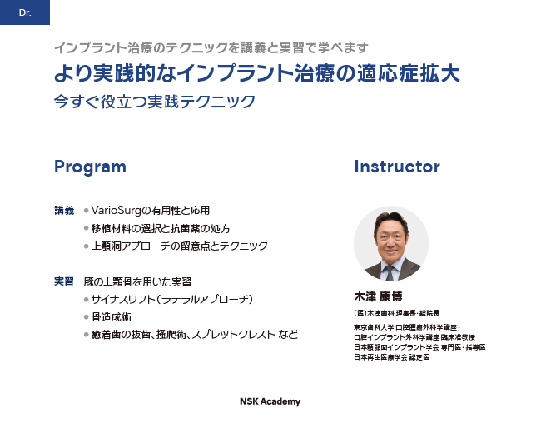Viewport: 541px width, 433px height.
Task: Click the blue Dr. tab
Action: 25,12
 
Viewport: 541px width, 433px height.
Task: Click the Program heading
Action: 91,167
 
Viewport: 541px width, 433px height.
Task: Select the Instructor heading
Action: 397,167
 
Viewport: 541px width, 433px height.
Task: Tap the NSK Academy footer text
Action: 270,401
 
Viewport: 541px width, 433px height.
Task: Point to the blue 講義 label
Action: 64,211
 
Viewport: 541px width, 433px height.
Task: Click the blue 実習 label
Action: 64,281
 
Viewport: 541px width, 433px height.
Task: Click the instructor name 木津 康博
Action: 378,296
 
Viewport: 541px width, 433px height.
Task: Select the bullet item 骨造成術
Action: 112,317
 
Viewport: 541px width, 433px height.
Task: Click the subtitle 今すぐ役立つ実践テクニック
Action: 155,102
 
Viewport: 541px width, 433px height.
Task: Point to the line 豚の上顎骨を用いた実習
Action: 137,281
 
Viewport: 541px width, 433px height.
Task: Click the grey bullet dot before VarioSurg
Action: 87,211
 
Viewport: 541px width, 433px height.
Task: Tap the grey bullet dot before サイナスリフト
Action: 87,300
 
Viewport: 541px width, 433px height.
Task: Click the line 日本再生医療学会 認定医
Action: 392,357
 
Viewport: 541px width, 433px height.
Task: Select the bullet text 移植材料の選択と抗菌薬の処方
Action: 161,229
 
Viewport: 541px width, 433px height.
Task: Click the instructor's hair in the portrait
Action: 391,218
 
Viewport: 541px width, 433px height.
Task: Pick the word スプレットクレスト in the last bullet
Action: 233,335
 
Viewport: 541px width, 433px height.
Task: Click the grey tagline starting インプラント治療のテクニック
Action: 211,48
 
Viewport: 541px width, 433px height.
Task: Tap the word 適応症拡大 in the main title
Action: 408,73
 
